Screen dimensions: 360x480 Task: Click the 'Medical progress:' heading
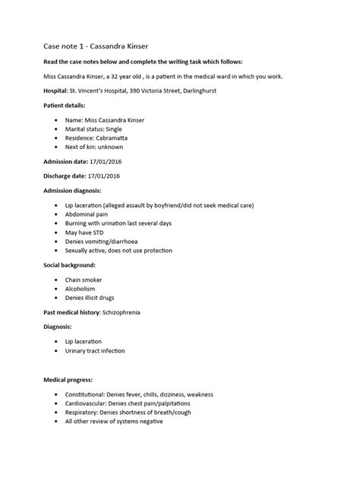point(72,380)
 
